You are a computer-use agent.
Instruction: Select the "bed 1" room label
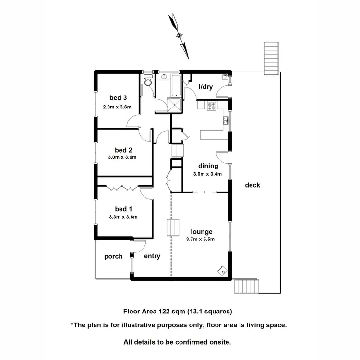pos(123,209)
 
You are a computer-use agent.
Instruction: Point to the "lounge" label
pos(201,231)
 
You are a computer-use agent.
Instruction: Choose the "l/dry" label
pos(206,87)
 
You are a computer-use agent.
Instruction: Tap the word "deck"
pos(252,185)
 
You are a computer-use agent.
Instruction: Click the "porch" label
pos(114,256)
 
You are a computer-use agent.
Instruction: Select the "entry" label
pos(152,256)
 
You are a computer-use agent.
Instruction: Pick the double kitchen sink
pos(225,120)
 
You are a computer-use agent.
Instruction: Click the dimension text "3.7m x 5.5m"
pos(200,239)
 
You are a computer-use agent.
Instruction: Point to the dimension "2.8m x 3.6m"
pos(117,107)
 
